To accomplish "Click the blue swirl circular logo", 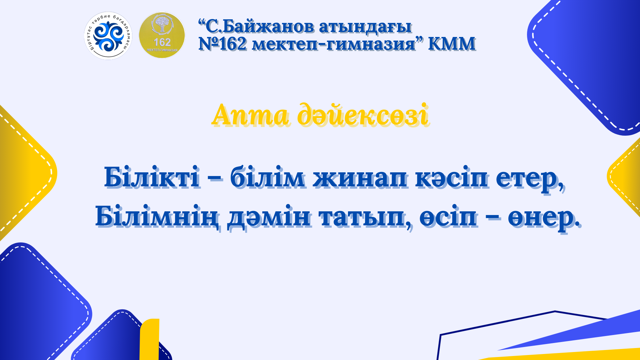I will (x=108, y=36).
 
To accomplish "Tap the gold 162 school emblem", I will (x=162, y=35).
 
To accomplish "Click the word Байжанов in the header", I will (x=268, y=27).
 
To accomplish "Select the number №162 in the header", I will (x=223, y=44).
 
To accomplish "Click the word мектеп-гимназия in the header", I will (x=333, y=44).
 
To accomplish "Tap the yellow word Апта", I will (x=250, y=115).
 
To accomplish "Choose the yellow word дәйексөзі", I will (x=363, y=115).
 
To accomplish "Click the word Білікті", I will (x=152, y=177).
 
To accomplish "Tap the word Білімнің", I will (x=157, y=217).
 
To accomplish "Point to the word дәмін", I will (x=268, y=217).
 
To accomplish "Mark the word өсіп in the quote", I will (x=448, y=217).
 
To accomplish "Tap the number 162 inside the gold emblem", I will (x=162, y=42).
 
